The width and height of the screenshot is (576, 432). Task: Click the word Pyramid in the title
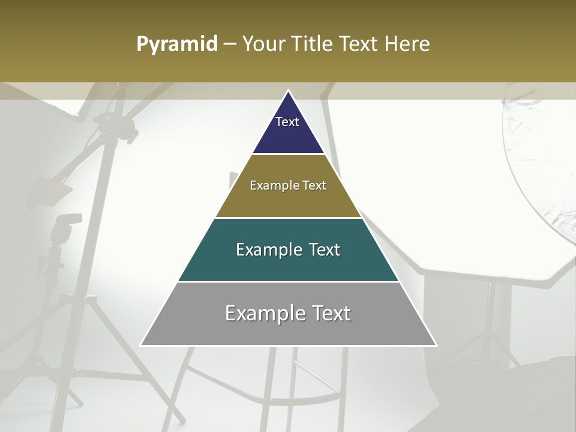(177, 44)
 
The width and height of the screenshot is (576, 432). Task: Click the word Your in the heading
(263, 44)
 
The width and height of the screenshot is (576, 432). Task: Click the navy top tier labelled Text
(287, 129)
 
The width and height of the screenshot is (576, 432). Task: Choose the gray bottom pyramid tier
(288, 327)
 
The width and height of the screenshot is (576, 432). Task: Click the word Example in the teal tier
(268, 250)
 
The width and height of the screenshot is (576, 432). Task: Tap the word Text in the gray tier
(327, 313)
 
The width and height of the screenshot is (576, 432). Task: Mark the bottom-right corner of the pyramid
(436, 345)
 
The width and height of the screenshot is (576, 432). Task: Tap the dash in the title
(230, 44)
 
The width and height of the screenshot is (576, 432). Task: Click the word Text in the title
(359, 44)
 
